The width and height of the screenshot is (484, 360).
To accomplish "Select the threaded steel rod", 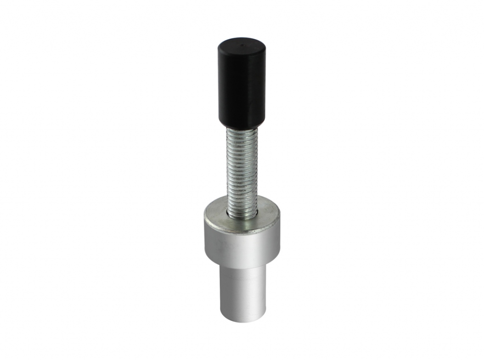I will coord(242,170).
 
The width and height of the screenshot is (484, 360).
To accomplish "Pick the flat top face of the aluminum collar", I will coord(217,215).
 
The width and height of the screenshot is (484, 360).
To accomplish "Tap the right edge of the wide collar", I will coord(279,237).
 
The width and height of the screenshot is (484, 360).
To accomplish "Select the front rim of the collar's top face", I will coord(242,231).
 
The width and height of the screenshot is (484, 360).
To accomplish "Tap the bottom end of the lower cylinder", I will coord(242,320).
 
